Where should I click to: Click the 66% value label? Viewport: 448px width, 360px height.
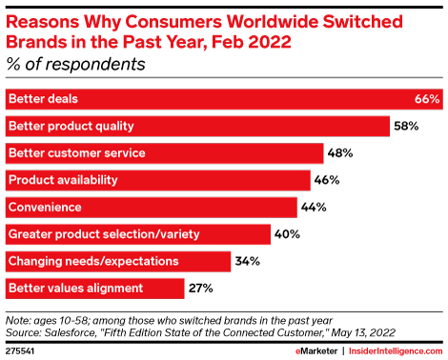pyautogui.click(x=426, y=99)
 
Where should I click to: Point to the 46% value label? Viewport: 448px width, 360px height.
pyautogui.click(x=326, y=180)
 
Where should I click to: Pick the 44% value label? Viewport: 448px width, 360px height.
pyautogui.click(x=313, y=207)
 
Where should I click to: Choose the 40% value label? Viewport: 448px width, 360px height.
pyautogui.click(x=287, y=233)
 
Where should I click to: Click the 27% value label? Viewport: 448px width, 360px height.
pyautogui.click(x=200, y=288)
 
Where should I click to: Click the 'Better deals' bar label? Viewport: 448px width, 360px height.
pyautogui.click(x=43, y=99)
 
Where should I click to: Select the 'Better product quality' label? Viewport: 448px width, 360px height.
pyautogui.click(x=71, y=126)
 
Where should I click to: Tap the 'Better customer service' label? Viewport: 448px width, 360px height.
pyautogui.click(x=77, y=152)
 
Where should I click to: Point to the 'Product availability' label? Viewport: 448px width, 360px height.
pyautogui.click(x=62, y=180)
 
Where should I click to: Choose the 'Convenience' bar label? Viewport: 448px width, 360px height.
pyautogui.click(x=44, y=207)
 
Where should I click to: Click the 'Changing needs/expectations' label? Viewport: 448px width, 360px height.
pyautogui.click(x=92, y=260)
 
